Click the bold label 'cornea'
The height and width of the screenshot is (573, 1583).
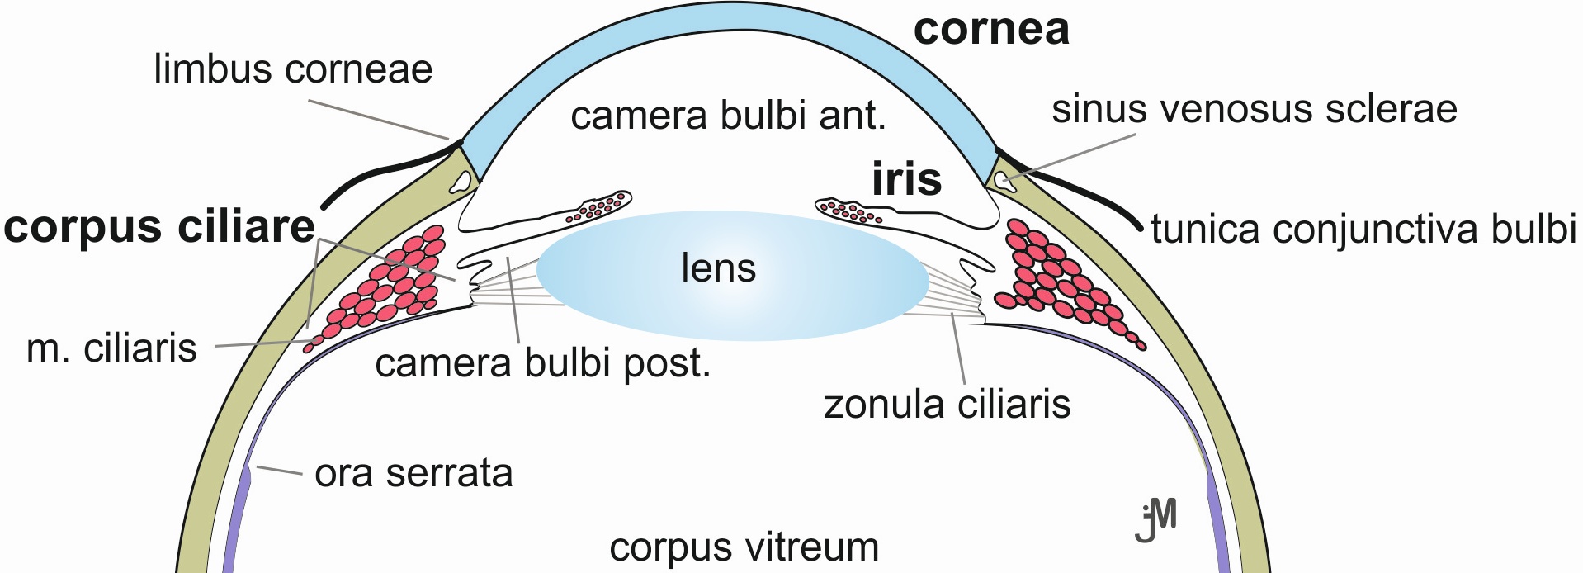[991, 30]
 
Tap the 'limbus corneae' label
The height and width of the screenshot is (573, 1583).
[293, 69]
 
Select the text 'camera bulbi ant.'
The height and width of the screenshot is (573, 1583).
[728, 116]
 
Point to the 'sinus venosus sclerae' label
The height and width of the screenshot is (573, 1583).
[1254, 109]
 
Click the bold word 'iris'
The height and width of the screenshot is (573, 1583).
[906, 179]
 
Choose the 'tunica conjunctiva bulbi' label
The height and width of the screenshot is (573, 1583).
[1363, 230]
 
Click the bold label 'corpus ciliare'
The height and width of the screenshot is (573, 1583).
[159, 227]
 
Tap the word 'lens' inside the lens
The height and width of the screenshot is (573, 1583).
[718, 268]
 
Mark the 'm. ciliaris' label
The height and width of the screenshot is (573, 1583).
[112, 348]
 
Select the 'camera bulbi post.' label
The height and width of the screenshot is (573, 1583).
[542, 363]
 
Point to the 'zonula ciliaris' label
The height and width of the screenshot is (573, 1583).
[947, 405]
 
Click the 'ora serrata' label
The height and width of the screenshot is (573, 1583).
[413, 474]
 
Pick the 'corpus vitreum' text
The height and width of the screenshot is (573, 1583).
[744, 547]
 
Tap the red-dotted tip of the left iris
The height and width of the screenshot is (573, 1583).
[598, 207]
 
